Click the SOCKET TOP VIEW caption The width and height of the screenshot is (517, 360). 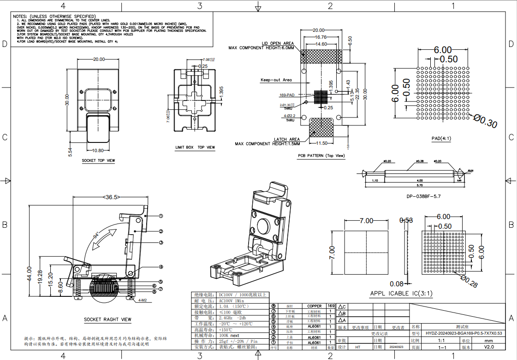pyautogui.click(x=98, y=161)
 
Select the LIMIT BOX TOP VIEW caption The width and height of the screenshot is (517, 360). pyautogui.click(x=195, y=148)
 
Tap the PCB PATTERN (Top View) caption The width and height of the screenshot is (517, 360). pyautogui.click(x=321, y=156)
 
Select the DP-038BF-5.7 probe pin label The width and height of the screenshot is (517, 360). pyautogui.click(x=423, y=196)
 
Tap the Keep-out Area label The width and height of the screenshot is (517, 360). pyautogui.click(x=276, y=80)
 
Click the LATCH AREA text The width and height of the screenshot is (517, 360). pyautogui.click(x=286, y=139)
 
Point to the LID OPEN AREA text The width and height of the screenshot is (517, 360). pyautogui.click(x=278, y=43)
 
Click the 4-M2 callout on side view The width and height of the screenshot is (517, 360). pyautogui.click(x=142, y=300)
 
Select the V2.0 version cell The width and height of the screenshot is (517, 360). pyautogui.click(x=489, y=347)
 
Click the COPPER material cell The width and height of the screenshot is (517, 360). pyautogui.click(x=315, y=306)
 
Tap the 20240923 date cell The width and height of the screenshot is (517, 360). pyautogui.click(x=396, y=347)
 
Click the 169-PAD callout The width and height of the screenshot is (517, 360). pyautogui.click(x=287, y=95)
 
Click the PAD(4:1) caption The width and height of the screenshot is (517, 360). pyautogui.click(x=441, y=138)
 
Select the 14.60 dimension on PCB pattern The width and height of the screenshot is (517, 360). pyautogui.click(x=321, y=44)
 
